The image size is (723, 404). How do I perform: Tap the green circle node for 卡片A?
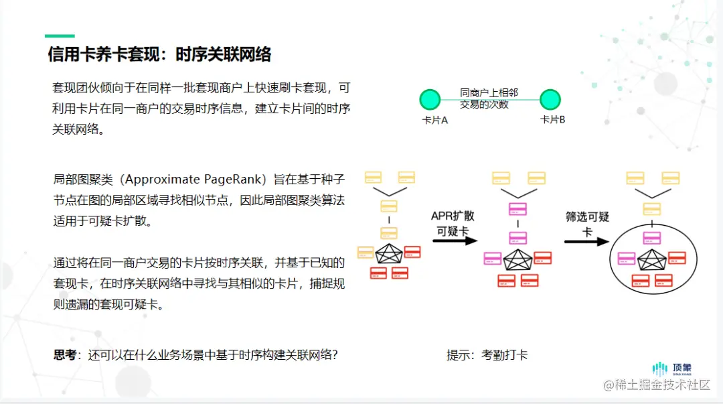[429, 100]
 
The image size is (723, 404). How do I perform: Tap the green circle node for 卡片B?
[550, 100]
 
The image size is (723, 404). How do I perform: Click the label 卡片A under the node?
[434, 120]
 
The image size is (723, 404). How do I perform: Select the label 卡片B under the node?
[553, 120]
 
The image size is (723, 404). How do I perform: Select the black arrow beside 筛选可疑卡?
[586, 241]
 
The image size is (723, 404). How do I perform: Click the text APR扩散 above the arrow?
[453, 216]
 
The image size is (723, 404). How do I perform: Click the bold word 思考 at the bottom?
[67, 354]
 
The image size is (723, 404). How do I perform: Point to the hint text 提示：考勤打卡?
[487, 354]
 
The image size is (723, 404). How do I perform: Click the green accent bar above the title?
[60, 36]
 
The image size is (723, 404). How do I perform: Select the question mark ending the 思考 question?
[334, 354]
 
